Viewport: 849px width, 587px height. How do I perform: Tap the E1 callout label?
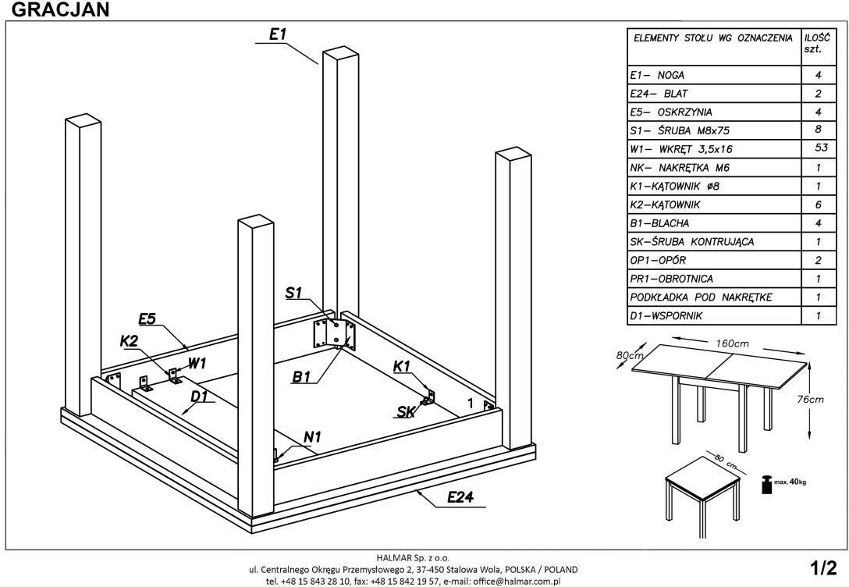coord(279,35)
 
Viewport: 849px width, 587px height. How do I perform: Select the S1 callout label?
coord(293,293)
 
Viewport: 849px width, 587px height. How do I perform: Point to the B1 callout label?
coord(302,378)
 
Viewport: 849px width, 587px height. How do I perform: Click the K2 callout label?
coord(129,340)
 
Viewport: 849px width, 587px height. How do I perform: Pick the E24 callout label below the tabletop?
coord(462,497)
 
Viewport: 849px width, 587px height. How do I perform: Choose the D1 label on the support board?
coord(200,396)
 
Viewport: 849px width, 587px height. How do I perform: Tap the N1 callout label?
coord(312,438)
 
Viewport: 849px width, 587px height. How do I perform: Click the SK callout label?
coord(406,412)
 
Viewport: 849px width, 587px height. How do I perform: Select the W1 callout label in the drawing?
coord(197,363)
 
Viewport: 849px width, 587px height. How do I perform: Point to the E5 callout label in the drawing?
coord(147,318)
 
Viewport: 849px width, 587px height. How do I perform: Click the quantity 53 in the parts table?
coord(817,148)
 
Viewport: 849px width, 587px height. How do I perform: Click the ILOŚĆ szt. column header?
coord(817,42)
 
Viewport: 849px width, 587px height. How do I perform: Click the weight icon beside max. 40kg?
coord(766,483)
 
